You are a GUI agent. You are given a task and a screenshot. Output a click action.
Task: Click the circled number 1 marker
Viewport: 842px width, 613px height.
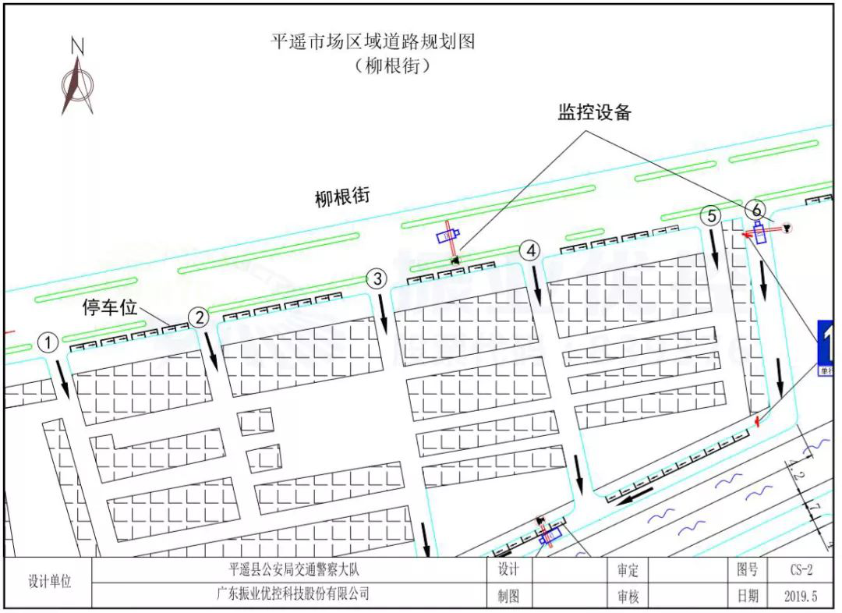coord(48,342)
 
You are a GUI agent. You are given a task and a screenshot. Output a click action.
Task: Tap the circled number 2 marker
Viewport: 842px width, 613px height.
coord(200,317)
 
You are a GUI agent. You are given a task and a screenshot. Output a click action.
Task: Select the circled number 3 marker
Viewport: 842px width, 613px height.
coord(377,278)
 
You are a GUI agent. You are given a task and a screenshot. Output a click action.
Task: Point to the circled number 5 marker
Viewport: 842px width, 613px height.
coord(709,216)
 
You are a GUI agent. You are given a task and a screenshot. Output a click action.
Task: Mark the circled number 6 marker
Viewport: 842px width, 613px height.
coord(755,208)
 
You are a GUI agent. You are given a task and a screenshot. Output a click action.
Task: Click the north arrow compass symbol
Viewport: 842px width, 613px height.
coord(77,78)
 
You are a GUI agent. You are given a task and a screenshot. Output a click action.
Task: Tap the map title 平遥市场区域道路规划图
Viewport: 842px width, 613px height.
coord(373,41)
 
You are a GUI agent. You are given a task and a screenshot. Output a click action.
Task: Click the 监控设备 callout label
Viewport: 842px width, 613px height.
coord(594,112)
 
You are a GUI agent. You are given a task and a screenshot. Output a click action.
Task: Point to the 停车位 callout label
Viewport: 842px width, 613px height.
coord(110,308)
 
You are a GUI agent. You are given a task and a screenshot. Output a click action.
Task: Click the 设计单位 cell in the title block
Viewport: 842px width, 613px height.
coord(49,582)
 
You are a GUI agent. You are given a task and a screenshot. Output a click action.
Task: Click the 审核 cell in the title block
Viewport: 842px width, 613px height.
coord(628,597)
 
